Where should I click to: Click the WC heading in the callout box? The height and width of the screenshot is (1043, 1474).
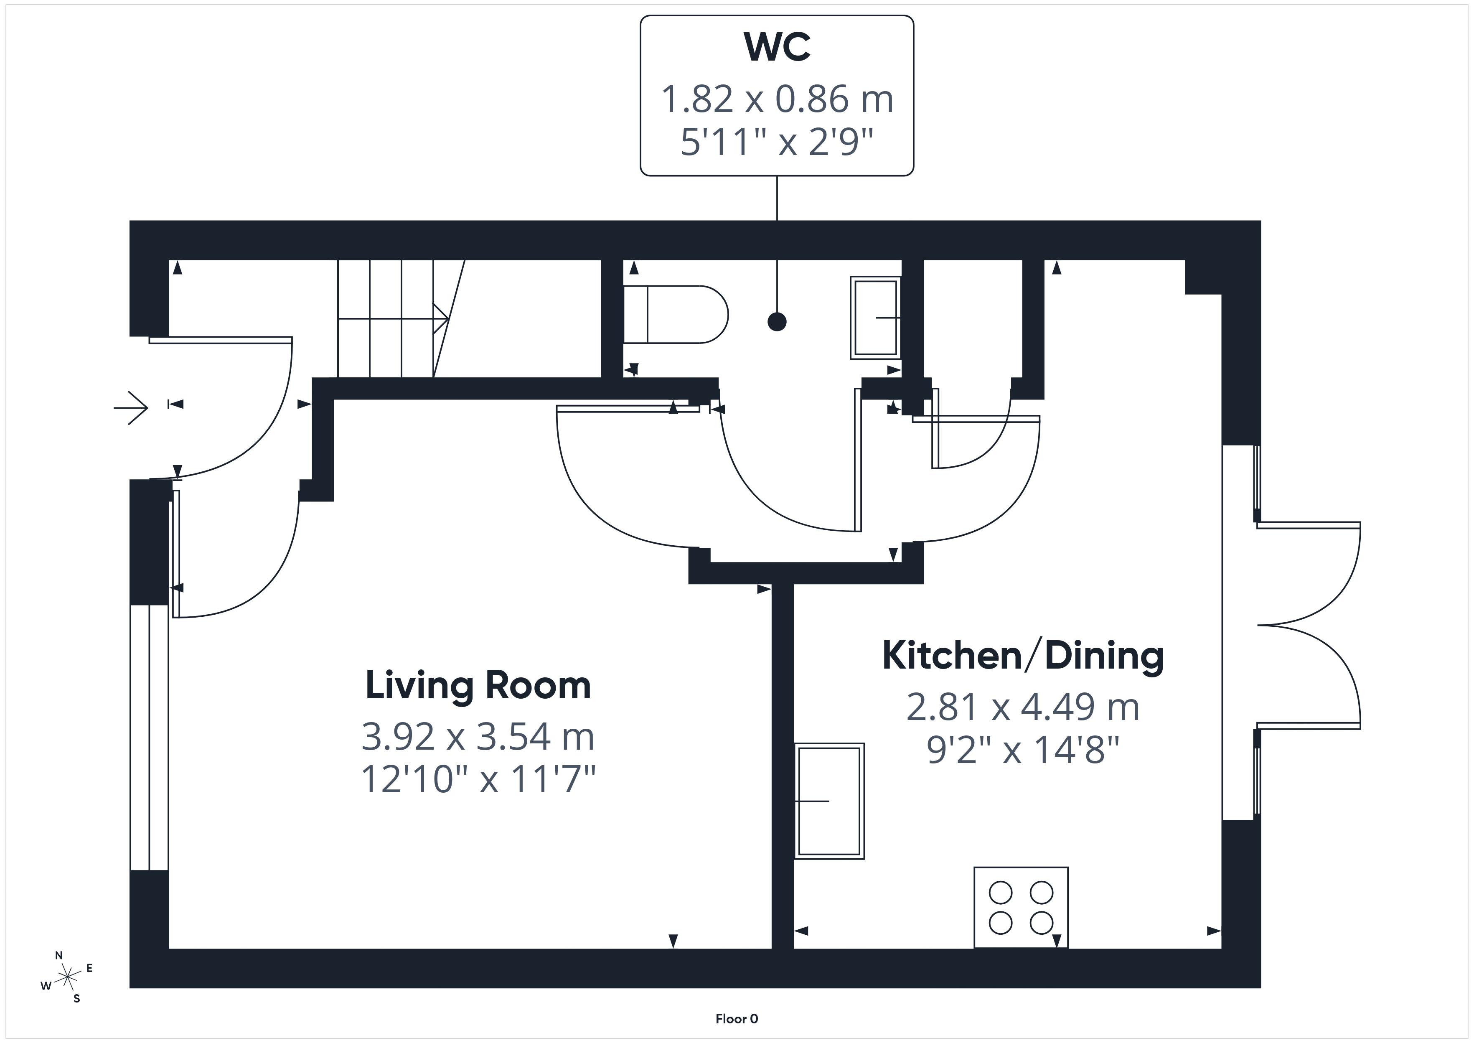[777, 46]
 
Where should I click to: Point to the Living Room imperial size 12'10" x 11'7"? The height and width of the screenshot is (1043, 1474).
[478, 779]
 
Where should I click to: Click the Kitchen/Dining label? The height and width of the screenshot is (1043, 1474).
[1023, 655]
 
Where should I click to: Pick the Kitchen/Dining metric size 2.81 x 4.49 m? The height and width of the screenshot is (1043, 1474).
[1023, 707]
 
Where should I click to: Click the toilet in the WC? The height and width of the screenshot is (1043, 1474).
[675, 315]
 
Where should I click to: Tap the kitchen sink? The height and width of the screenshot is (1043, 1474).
[829, 801]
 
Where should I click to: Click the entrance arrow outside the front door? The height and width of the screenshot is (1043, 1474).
[131, 407]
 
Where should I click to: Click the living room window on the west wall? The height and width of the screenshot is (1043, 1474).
[149, 737]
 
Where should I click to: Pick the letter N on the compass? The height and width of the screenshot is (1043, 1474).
[59, 956]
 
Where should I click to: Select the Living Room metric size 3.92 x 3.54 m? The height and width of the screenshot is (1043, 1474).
[478, 737]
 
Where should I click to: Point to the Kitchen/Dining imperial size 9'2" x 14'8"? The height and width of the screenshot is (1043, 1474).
[1023, 750]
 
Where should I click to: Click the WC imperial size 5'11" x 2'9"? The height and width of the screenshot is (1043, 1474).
[777, 142]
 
